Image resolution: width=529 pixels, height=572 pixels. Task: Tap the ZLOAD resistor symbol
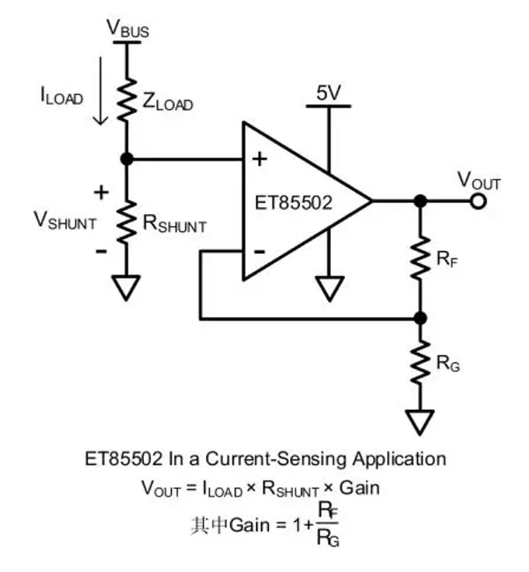[x=128, y=98]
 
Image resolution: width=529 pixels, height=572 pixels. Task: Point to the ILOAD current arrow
[x=104, y=92]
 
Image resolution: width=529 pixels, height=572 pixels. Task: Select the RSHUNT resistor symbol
[x=128, y=219]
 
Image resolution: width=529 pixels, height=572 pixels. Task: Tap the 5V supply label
[x=328, y=92]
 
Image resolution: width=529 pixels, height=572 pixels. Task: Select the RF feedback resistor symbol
[x=421, y=256]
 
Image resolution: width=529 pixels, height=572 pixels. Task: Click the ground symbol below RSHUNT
[x=128, y=287]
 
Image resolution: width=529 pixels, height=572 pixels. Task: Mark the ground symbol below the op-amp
[x=329, y=287]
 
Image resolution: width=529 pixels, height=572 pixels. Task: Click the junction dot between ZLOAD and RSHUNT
[x=128, y=159]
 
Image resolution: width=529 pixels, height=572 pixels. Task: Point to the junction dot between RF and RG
[x=421, y=317]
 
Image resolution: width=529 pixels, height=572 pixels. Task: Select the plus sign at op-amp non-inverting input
[x=260, y=160]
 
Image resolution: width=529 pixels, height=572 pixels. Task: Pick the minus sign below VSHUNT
[x=101, y=251]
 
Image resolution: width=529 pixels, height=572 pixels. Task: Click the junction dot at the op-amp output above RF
[x=421, y=202]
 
